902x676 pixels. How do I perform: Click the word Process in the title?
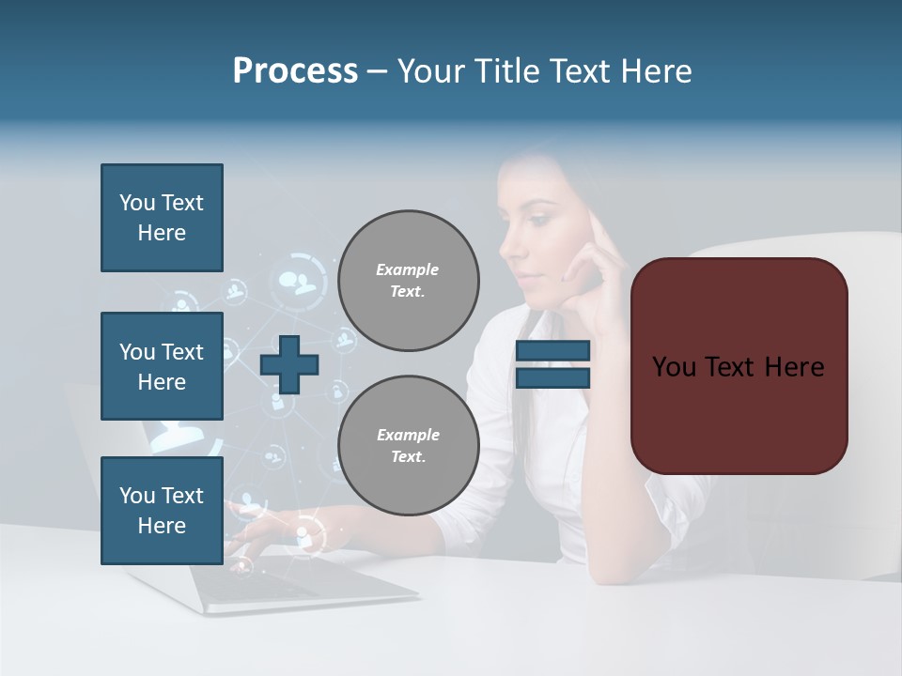tap(295, 71)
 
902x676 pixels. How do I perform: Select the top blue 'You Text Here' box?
tap(162, 218)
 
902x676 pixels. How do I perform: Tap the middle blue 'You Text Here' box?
tap(162, 366)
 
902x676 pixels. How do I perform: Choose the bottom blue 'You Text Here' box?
tap(162, 510)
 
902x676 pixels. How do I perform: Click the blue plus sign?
tap(289, 364)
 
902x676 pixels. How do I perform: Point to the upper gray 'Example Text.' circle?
tap(408, 281)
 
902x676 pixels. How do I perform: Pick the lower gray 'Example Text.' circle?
tap(408, 446)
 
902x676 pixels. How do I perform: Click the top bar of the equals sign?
tap(552, 351)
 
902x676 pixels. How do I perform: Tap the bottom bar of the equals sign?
tap(552, 377)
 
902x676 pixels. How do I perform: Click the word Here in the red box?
tap(794, 367)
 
